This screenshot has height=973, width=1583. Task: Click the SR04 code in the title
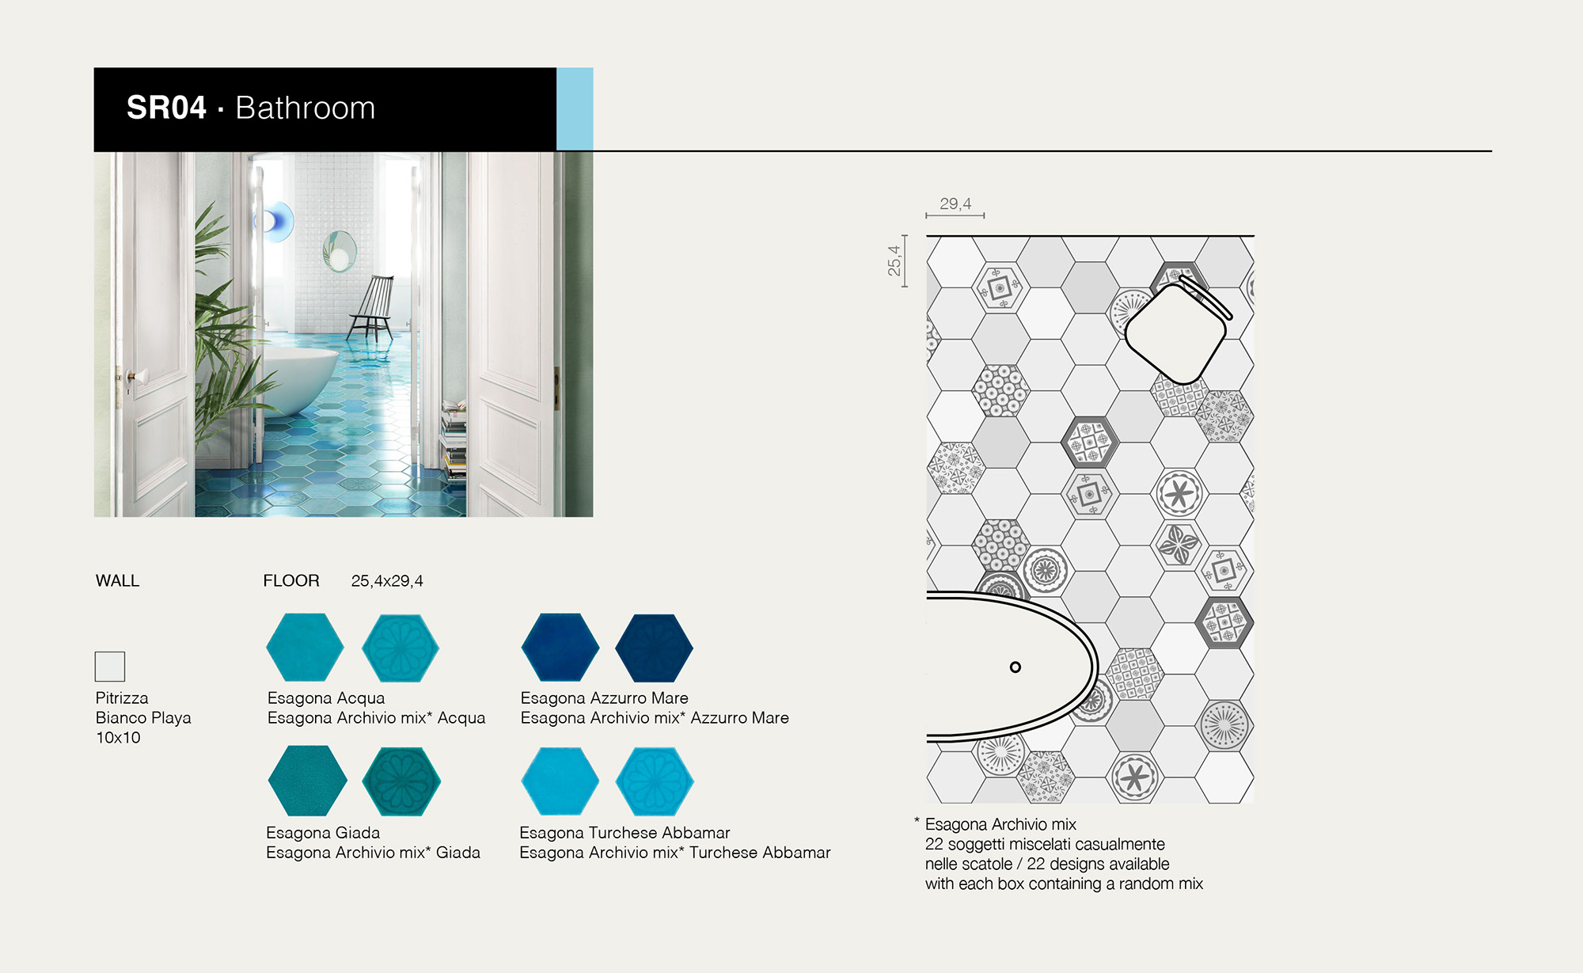pyautogui.click(x=166, y=108)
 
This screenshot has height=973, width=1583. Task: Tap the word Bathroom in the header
pyautogui.click(x=306, y=108)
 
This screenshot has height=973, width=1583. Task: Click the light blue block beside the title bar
pyautogui.click(x=575, y=108)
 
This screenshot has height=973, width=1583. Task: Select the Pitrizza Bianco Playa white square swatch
pyautogui.click(x=110, y=667)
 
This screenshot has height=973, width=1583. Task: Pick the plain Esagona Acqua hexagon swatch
pyautogui.click(x=305, y=647)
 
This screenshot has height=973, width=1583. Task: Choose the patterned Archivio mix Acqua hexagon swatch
pyautogui.click(x=400, y=648)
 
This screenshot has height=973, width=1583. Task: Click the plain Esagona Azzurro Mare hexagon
pyautogui.click(x=560, y=647)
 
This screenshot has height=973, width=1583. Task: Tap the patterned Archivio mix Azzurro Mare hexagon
pyautogui.click(x=655, y=648)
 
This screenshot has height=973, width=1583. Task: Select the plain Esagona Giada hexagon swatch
pyautogui.click(x=307, y=781)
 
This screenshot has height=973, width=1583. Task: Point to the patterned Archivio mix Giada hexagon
pyautogui.click(x=401, y=781)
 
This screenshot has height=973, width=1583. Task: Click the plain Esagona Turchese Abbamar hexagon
pyautogui.click(x=560, y=781)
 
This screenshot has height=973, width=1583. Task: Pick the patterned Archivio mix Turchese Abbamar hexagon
pyautogui.click(x=655, y=781)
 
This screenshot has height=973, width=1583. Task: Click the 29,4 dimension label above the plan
pyautogui.click(x=955, y=203)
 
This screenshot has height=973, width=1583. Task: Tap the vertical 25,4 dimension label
pyautogui.click(x=894, y=260)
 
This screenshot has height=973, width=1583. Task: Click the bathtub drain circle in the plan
pyautogui.click(x=1015, y=667)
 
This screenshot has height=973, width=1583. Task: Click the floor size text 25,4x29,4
pyautogui.click(x=387, y=581)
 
